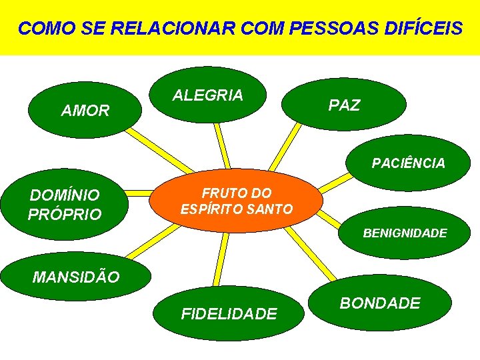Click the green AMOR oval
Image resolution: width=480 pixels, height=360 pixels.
85,110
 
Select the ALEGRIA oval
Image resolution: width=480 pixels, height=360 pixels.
208,95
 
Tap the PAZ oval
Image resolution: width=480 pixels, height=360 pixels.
344,105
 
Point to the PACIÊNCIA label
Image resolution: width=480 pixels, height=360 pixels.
409,163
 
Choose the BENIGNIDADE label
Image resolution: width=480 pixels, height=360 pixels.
405,233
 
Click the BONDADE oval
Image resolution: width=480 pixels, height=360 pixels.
380,303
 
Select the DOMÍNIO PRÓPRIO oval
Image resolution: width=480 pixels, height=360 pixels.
65,205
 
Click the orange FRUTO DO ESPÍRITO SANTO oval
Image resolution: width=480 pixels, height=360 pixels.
237,201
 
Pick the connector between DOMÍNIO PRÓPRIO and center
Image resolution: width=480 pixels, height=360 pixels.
141,194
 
